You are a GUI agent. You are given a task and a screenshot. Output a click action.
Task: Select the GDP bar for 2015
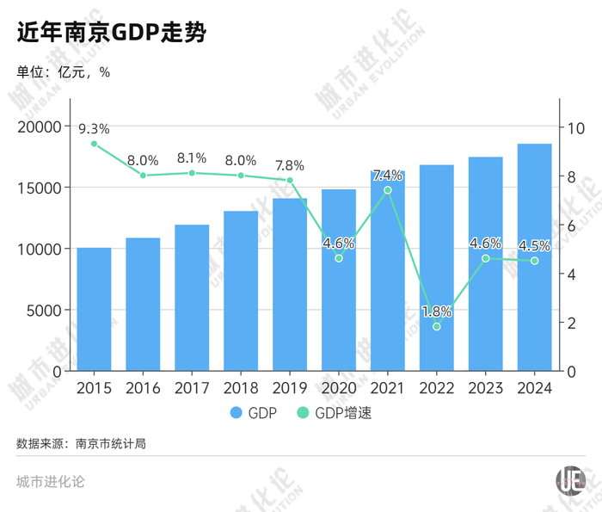pos(94,309)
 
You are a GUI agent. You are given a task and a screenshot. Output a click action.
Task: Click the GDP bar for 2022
pos(436,267)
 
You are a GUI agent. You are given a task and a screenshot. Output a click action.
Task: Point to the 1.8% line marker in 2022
pos(436,327)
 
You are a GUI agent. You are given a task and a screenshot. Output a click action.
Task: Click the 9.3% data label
pos(94,128)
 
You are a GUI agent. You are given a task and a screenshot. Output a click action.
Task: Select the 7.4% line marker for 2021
pos(388,190)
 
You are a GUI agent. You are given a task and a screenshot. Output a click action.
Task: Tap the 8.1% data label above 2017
pos(192,157)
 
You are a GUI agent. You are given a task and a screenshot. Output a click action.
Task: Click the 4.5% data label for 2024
pos(534,245)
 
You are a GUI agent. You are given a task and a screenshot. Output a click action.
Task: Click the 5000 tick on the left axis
pos(45,310)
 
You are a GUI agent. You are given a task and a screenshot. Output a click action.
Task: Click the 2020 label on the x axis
pos(339,388)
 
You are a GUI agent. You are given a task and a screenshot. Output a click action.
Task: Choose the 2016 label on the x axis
pos(143,388)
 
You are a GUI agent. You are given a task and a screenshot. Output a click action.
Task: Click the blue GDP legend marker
pos(237,413)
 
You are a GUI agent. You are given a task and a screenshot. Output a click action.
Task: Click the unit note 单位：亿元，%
pos(63,72)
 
